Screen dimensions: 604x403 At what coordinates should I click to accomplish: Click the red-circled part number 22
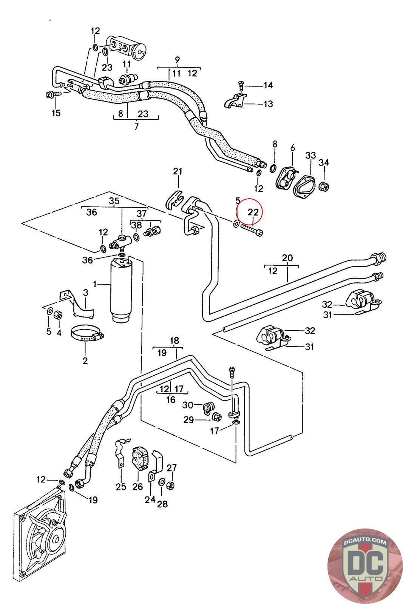pyautogui.click(x=253, y=212)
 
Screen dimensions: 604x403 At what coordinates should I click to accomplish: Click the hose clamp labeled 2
pyautogui.click(x=87, y=334)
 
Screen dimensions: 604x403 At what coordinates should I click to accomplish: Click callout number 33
pyautogui.click(x=310, y=155)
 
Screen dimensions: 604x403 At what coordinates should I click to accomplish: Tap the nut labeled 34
pyautogui.click(x=324, y=186)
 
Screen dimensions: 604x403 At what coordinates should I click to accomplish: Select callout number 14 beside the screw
pyautogui.click(x=268, y=85)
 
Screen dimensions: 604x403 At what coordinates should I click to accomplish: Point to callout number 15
pyautogui.click(x=56, y=112)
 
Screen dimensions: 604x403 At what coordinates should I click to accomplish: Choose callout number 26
pyautogui.click(x=137, y=487)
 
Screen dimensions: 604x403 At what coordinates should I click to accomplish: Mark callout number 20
pyautogui.click(x=287, y=258)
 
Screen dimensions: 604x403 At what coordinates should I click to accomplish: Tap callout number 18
pyautogui.click(x=174, y=341)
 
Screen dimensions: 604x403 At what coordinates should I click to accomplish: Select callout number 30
pyautogui.click(x=187, y=405)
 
